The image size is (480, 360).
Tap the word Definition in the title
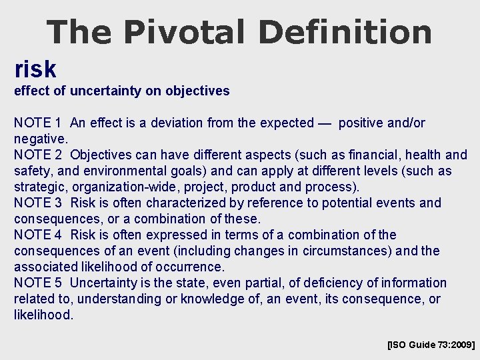345,31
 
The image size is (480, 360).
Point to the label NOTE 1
38,123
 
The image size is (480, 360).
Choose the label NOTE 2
38,155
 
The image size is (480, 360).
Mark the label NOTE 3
38,203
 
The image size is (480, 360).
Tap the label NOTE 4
38,235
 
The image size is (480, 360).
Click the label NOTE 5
38,283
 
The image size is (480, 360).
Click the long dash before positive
325,123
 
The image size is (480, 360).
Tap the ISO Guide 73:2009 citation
431,345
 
